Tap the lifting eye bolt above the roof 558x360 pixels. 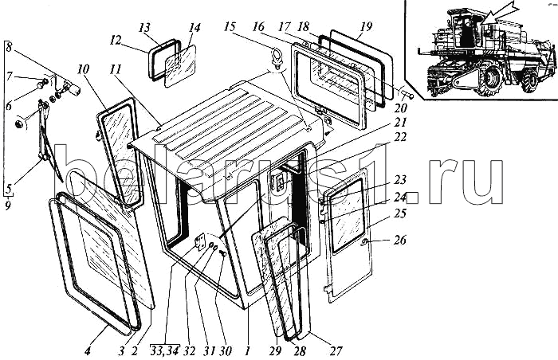click(x=277, y=58)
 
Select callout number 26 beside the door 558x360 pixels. click(x=400, y=240)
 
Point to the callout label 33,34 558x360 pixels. click(x=164, y=350)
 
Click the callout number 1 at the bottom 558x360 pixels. click(x=247, y=350)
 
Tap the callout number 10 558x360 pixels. click(x=83, y=70)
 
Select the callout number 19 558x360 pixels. click(x=365, y=26)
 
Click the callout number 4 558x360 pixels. click(x=87, y=351)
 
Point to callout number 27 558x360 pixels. click(x=336, y=351)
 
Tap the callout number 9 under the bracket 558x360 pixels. click(x=8, y=205)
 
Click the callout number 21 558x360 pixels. click(x=400, y=122)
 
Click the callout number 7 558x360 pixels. click(x=9, y=76)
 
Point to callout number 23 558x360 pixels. click(x=400, y=180)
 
